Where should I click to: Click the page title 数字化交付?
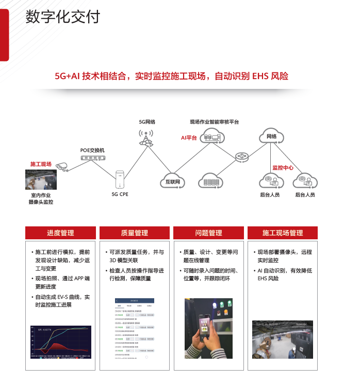tap(63, 17)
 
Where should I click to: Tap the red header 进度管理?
tap(60, 233)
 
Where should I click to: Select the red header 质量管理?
tap(134, 233)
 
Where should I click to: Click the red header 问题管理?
tap(208, 233)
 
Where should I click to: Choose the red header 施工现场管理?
tap(283, 233)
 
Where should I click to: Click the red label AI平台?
tap(189, 138)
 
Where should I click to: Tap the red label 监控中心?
tap(283, 167)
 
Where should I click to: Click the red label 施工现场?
tap(41, 164)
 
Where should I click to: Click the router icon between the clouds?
tap(242, 156)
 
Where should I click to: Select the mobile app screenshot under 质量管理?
tap(134, 328)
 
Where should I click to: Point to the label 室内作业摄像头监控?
tap(41, 198)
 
